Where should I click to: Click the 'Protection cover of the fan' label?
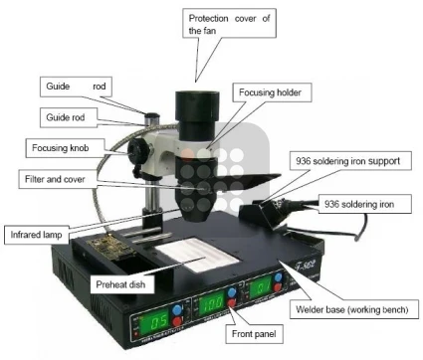click(229, 23)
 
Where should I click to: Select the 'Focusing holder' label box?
click(271, 92)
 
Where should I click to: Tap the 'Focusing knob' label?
click(66, 148)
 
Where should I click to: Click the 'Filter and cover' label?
click(58, 179)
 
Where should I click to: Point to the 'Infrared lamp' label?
click(37, 235)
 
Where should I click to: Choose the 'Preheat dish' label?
click(122, 284)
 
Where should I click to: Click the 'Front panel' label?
click(254, 334)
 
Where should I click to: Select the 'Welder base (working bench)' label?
click(354, 309)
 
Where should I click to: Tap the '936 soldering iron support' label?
click(350, 161)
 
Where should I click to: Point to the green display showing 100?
click(212, 304)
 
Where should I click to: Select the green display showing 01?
click(261, 285)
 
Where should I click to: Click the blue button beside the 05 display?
click(178, 309)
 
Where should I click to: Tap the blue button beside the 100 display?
click(232, 292)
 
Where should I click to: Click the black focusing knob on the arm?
click(137, 152)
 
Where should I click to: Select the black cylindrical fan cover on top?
click(197, 114)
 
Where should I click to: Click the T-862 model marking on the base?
click(305, 264)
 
